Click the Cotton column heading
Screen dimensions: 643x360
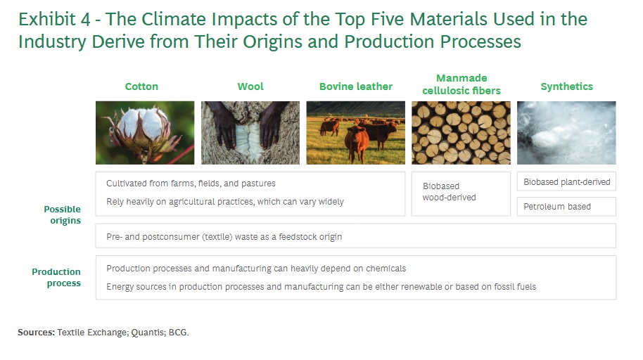[x=141, y=86]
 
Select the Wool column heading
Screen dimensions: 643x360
[x=250, y=86]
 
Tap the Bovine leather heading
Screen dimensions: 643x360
[x=356, y=86]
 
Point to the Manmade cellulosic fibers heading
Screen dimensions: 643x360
[x=461, y=84]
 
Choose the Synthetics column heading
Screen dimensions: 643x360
[x=567, y=86]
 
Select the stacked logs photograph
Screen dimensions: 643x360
[x=461, y=133]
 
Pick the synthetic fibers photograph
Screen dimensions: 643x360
[x=566, y=133]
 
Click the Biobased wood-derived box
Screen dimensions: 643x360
[x=461, y=193]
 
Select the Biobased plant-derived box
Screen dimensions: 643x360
[x=566, y=181]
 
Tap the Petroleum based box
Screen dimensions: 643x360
[x=566, y=207]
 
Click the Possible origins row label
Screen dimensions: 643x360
[x=63, y=215]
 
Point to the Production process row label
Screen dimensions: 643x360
[x=56, y=278]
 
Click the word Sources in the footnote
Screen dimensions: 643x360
[x=36, y=333]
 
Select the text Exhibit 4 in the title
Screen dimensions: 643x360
[x=54, y=19]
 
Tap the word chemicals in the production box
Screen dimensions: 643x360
[x=386, y=269]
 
